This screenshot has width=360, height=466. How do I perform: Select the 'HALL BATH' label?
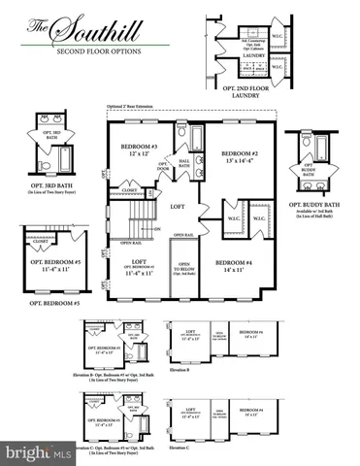(x=184, y=166)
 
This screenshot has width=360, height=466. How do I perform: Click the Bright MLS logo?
(x=36, y=451)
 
